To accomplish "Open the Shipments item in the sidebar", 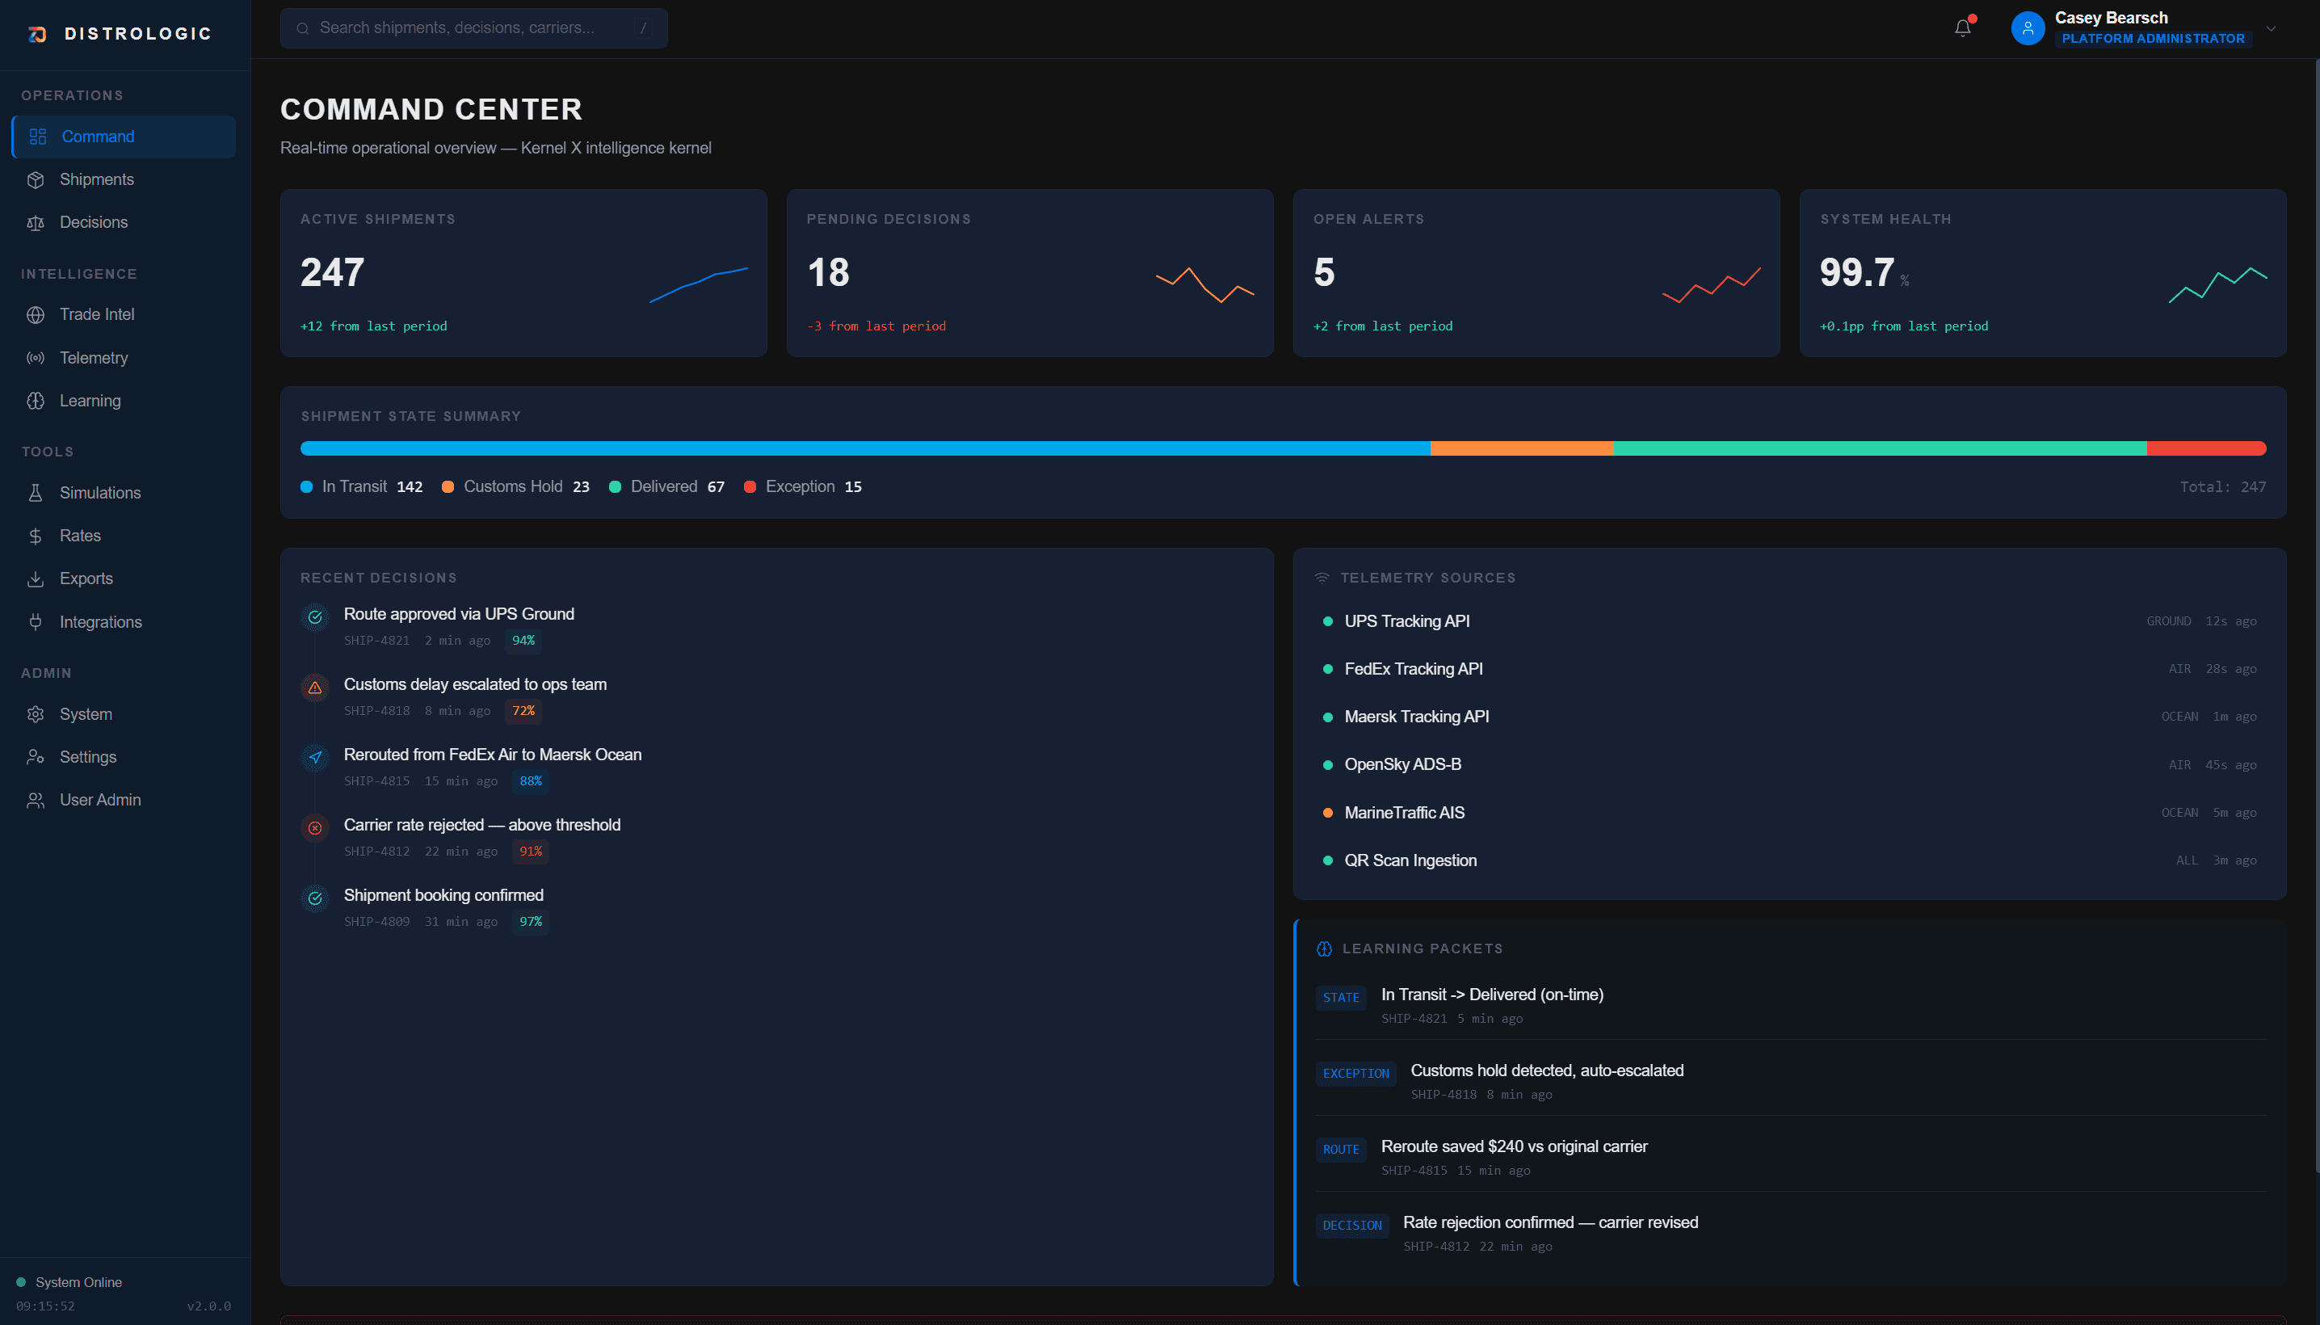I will [95, 179].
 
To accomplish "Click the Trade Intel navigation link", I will [96, 314].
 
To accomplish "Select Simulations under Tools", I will [99, 492].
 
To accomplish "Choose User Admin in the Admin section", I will [99, 800].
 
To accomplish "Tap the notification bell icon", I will [1962, 28].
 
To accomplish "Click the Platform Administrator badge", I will [2152, 38].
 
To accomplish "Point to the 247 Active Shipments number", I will [332, 272].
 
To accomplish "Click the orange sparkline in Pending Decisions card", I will [1204, 285].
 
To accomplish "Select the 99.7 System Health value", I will [1856, 272].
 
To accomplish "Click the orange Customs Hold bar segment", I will [1520, 448].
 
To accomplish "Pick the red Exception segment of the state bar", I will [2205, 448].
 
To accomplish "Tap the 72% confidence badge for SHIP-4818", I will [523, 711].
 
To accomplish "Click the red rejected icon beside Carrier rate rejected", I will [315, 828].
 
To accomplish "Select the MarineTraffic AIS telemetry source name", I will [1404, 813].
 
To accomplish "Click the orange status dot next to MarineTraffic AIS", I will [1327, 813].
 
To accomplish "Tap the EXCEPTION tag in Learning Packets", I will [1355, 1074].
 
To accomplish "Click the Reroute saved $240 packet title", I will [1513, 1146].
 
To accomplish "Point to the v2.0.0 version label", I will [208, 1306].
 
